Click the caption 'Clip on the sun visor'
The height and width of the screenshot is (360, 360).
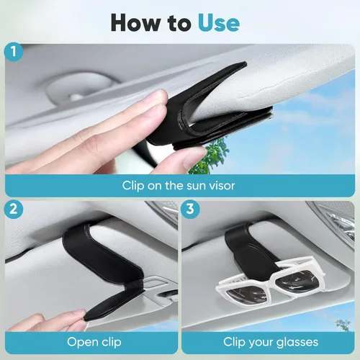[180, 185]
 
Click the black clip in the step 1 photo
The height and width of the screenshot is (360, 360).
[216, 108]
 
